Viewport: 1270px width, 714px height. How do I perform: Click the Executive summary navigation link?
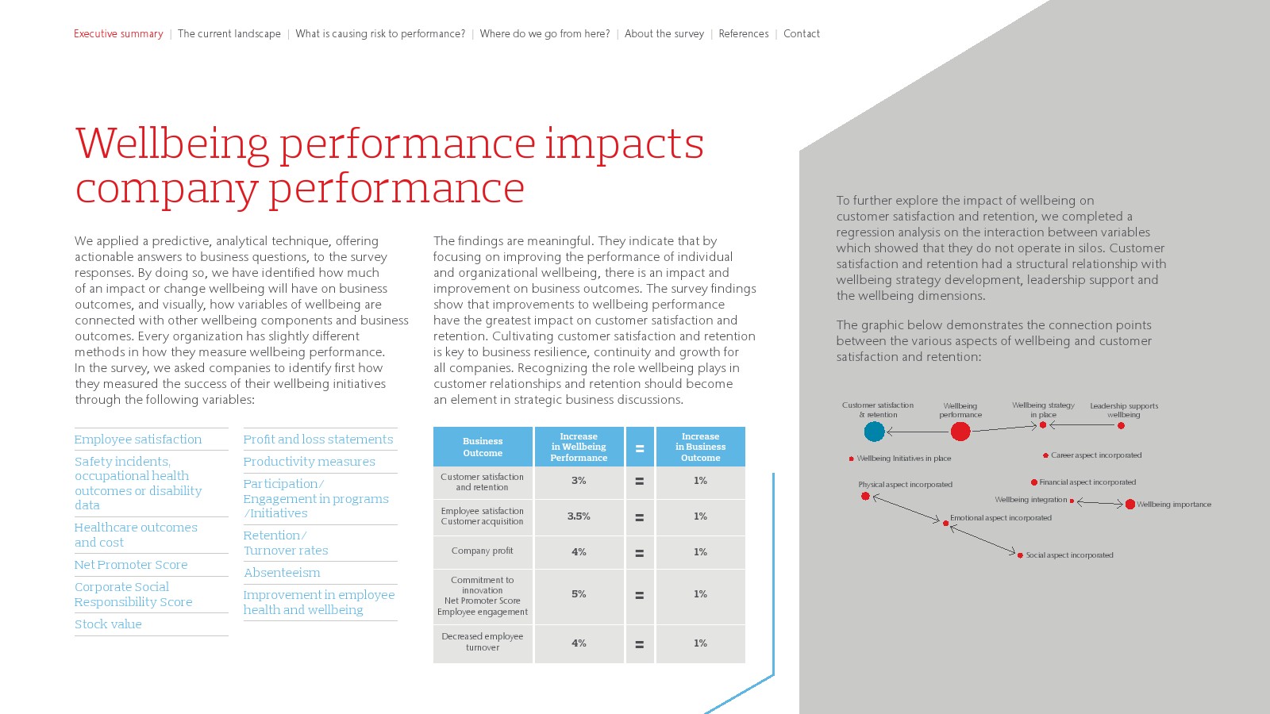(118, 33)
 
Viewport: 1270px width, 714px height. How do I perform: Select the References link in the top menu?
(743, 33)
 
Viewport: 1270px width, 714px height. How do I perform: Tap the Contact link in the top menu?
(801, 33)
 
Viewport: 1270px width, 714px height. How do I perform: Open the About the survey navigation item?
(664, 33)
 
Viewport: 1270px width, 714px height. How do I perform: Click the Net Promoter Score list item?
(131, 564)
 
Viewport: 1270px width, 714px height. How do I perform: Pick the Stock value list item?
(108, 624)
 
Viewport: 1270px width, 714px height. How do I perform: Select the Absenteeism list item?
(282, 572)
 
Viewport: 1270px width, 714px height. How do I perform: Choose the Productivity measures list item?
(309, 461)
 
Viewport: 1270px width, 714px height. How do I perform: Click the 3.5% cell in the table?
(579, 516)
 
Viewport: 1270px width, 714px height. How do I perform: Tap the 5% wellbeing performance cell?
(579, 594)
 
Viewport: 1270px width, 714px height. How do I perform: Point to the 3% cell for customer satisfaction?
(579, 481)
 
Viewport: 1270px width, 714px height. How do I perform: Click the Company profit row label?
(483, 551)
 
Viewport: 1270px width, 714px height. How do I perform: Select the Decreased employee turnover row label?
(483, 642)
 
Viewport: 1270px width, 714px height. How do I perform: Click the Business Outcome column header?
(483, 447)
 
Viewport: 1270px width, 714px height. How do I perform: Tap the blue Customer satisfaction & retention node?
(874, 432)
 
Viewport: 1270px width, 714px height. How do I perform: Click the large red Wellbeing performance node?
(960, 432)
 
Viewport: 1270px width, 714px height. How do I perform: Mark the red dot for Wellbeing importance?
(1130, 505)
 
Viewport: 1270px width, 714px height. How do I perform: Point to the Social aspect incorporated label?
(1069, 555)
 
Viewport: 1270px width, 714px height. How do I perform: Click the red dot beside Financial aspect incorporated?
(1034, 482)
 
